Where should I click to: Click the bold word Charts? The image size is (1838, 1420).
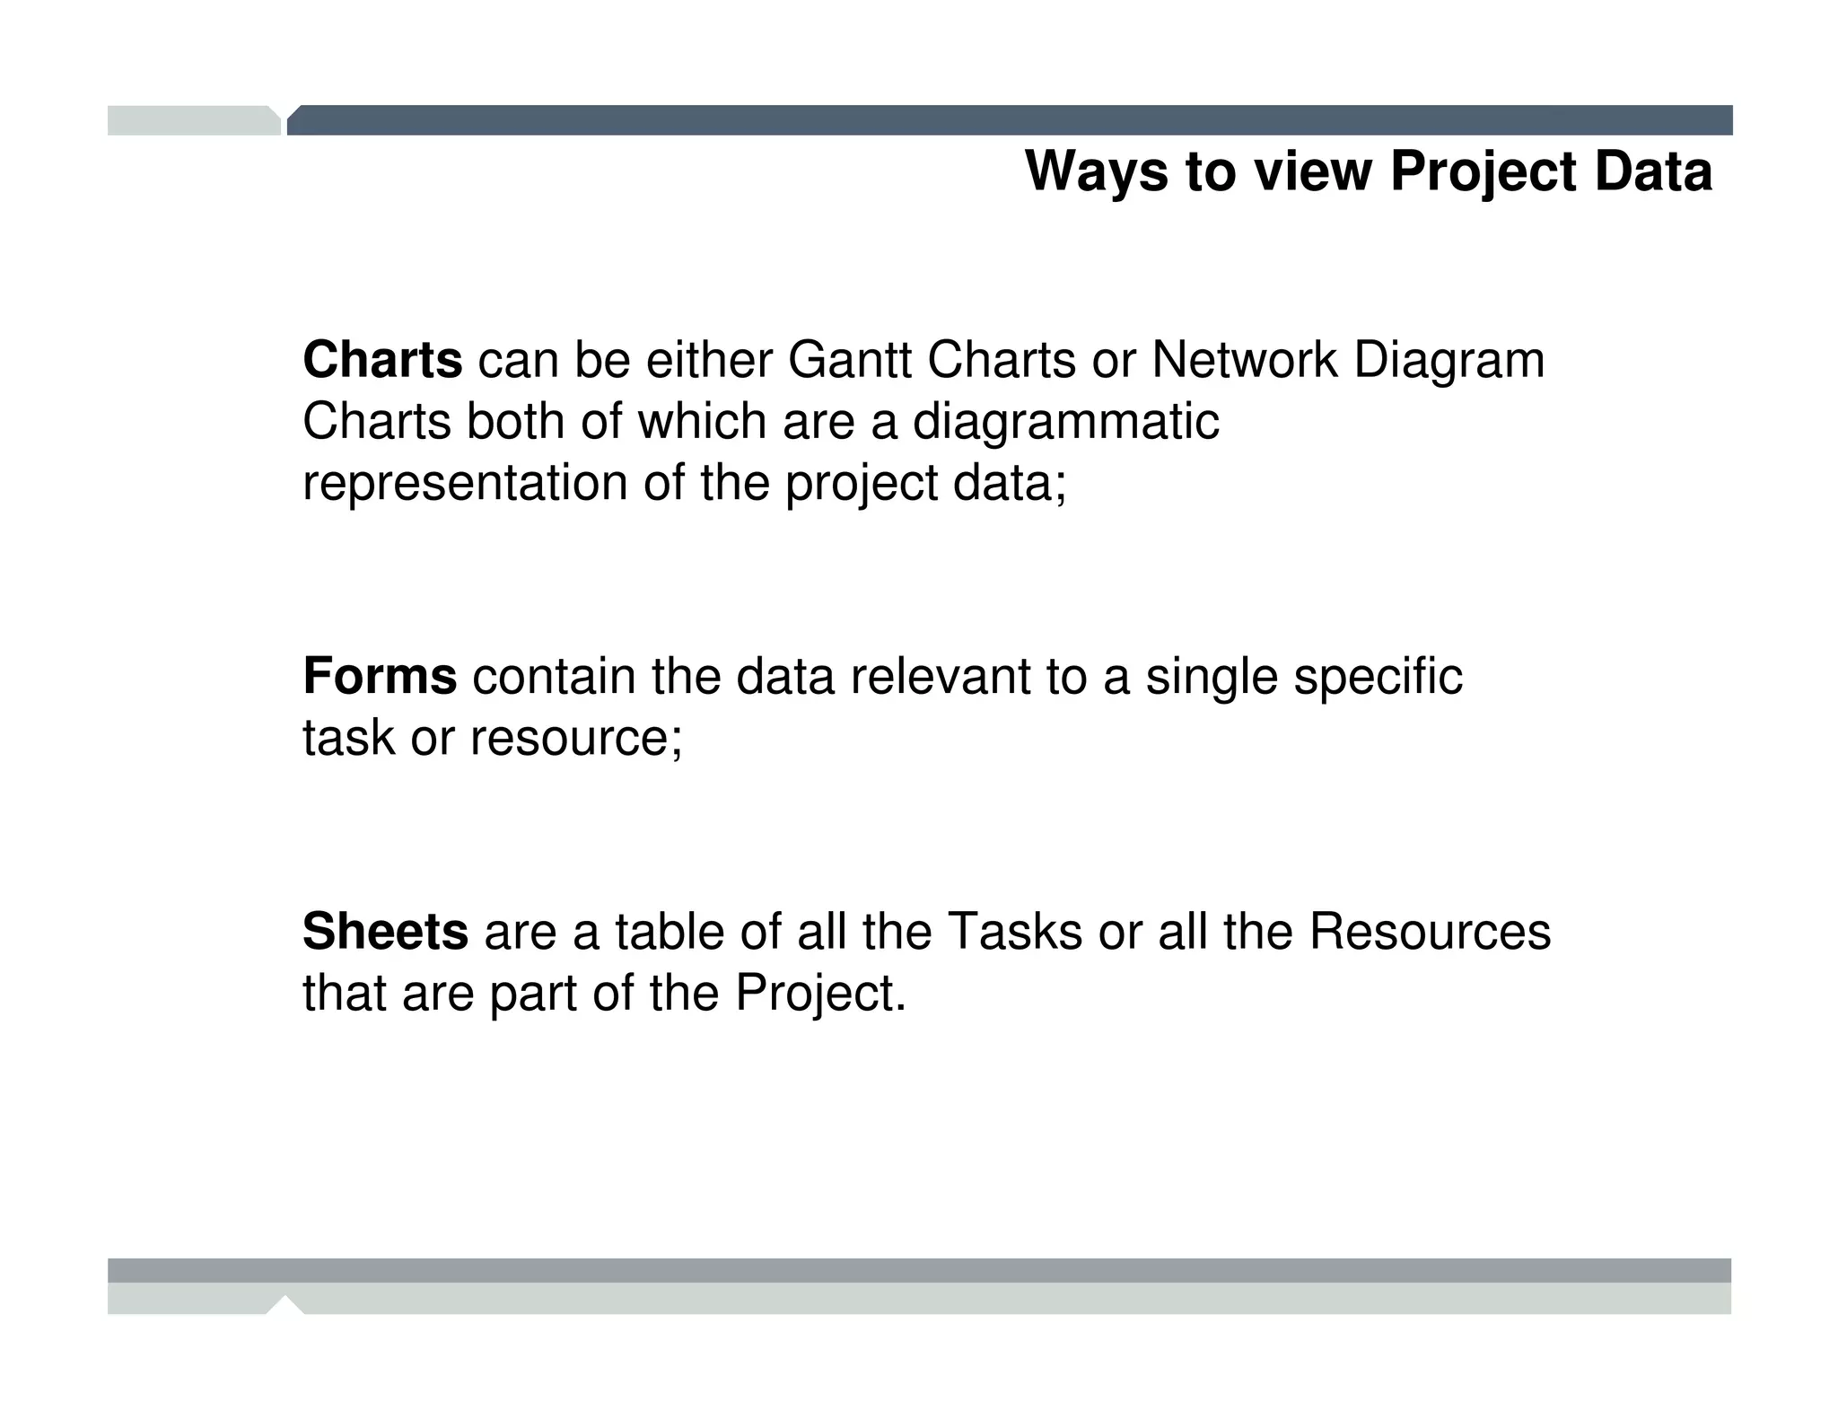pos(382,360)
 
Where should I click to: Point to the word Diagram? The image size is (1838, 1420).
pos(1449,362)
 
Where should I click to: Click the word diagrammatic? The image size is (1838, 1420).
pos(1065,423)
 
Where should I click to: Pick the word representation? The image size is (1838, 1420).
pos(464,483)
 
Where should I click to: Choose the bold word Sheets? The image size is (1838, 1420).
pos(385,931)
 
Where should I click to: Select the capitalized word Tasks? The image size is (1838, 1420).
pos(1014,931)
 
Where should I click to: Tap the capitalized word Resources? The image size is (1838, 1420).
pos(1430,931)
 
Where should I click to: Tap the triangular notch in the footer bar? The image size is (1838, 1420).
pos(285,1304)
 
